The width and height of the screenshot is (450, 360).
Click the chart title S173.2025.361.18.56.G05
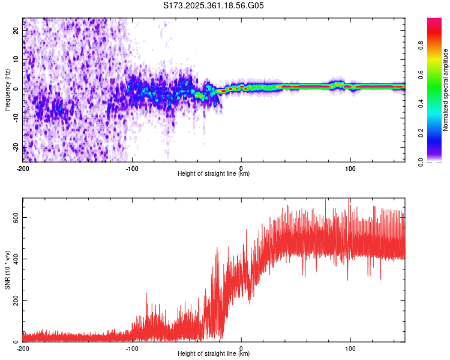(x=214, y=6)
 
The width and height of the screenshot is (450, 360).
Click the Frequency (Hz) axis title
(x=8, y=89)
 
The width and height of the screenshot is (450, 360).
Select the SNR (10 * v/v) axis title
(x=8, y=270)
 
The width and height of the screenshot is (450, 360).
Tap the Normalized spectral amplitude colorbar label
(x=446, y=90)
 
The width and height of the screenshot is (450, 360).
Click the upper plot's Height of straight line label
(x=214, y=174)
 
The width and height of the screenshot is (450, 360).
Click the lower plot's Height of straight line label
(x=214, y=354)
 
